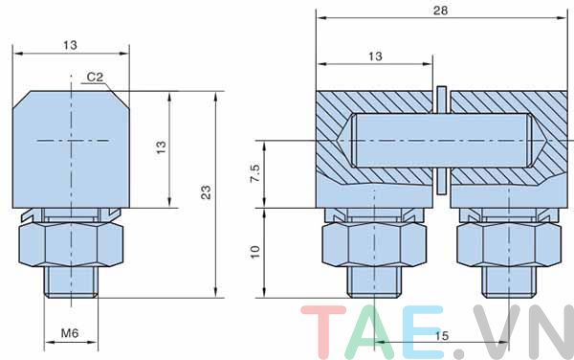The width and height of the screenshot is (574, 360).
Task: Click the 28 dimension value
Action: tap(440, 11)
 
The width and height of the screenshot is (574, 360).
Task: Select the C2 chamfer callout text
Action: tap(95, 77)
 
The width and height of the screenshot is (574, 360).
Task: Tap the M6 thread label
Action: tap(70, 333)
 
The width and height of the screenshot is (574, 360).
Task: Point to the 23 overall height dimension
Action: tap(207, 192)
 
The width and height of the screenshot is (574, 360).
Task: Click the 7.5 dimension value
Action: tap(255, 173)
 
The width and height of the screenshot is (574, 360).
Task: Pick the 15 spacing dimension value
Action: tap(441, 336)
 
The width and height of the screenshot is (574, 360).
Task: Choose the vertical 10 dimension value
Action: tap(254, 252)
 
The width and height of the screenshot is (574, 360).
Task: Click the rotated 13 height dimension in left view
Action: tap(161, 147)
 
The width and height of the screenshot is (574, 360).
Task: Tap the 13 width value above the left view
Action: tap(70, 45)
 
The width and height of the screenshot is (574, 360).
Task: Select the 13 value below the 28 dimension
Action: tap(375, 56)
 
